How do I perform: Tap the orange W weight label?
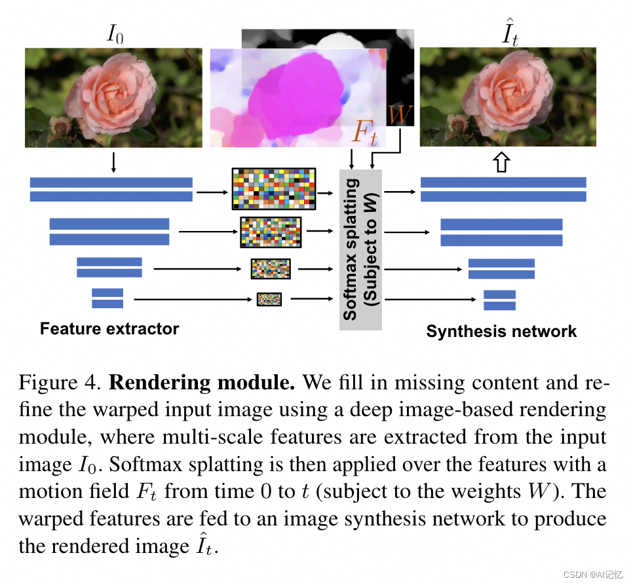pos(400,115)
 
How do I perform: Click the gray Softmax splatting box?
pos(360,249)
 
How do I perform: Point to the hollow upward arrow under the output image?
pos(502,162)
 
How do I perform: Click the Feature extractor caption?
pos(109,328)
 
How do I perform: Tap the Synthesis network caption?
pos(501,331)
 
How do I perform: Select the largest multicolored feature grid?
pos(274,189)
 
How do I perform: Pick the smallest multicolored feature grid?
pos(269,300)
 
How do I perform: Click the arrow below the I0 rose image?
pos(113,161)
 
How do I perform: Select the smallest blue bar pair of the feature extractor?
pos(107,298)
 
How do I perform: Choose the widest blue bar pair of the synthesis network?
pos(503,189)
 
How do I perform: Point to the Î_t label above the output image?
pos(509,33)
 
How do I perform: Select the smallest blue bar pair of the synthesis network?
pos(499,300)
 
